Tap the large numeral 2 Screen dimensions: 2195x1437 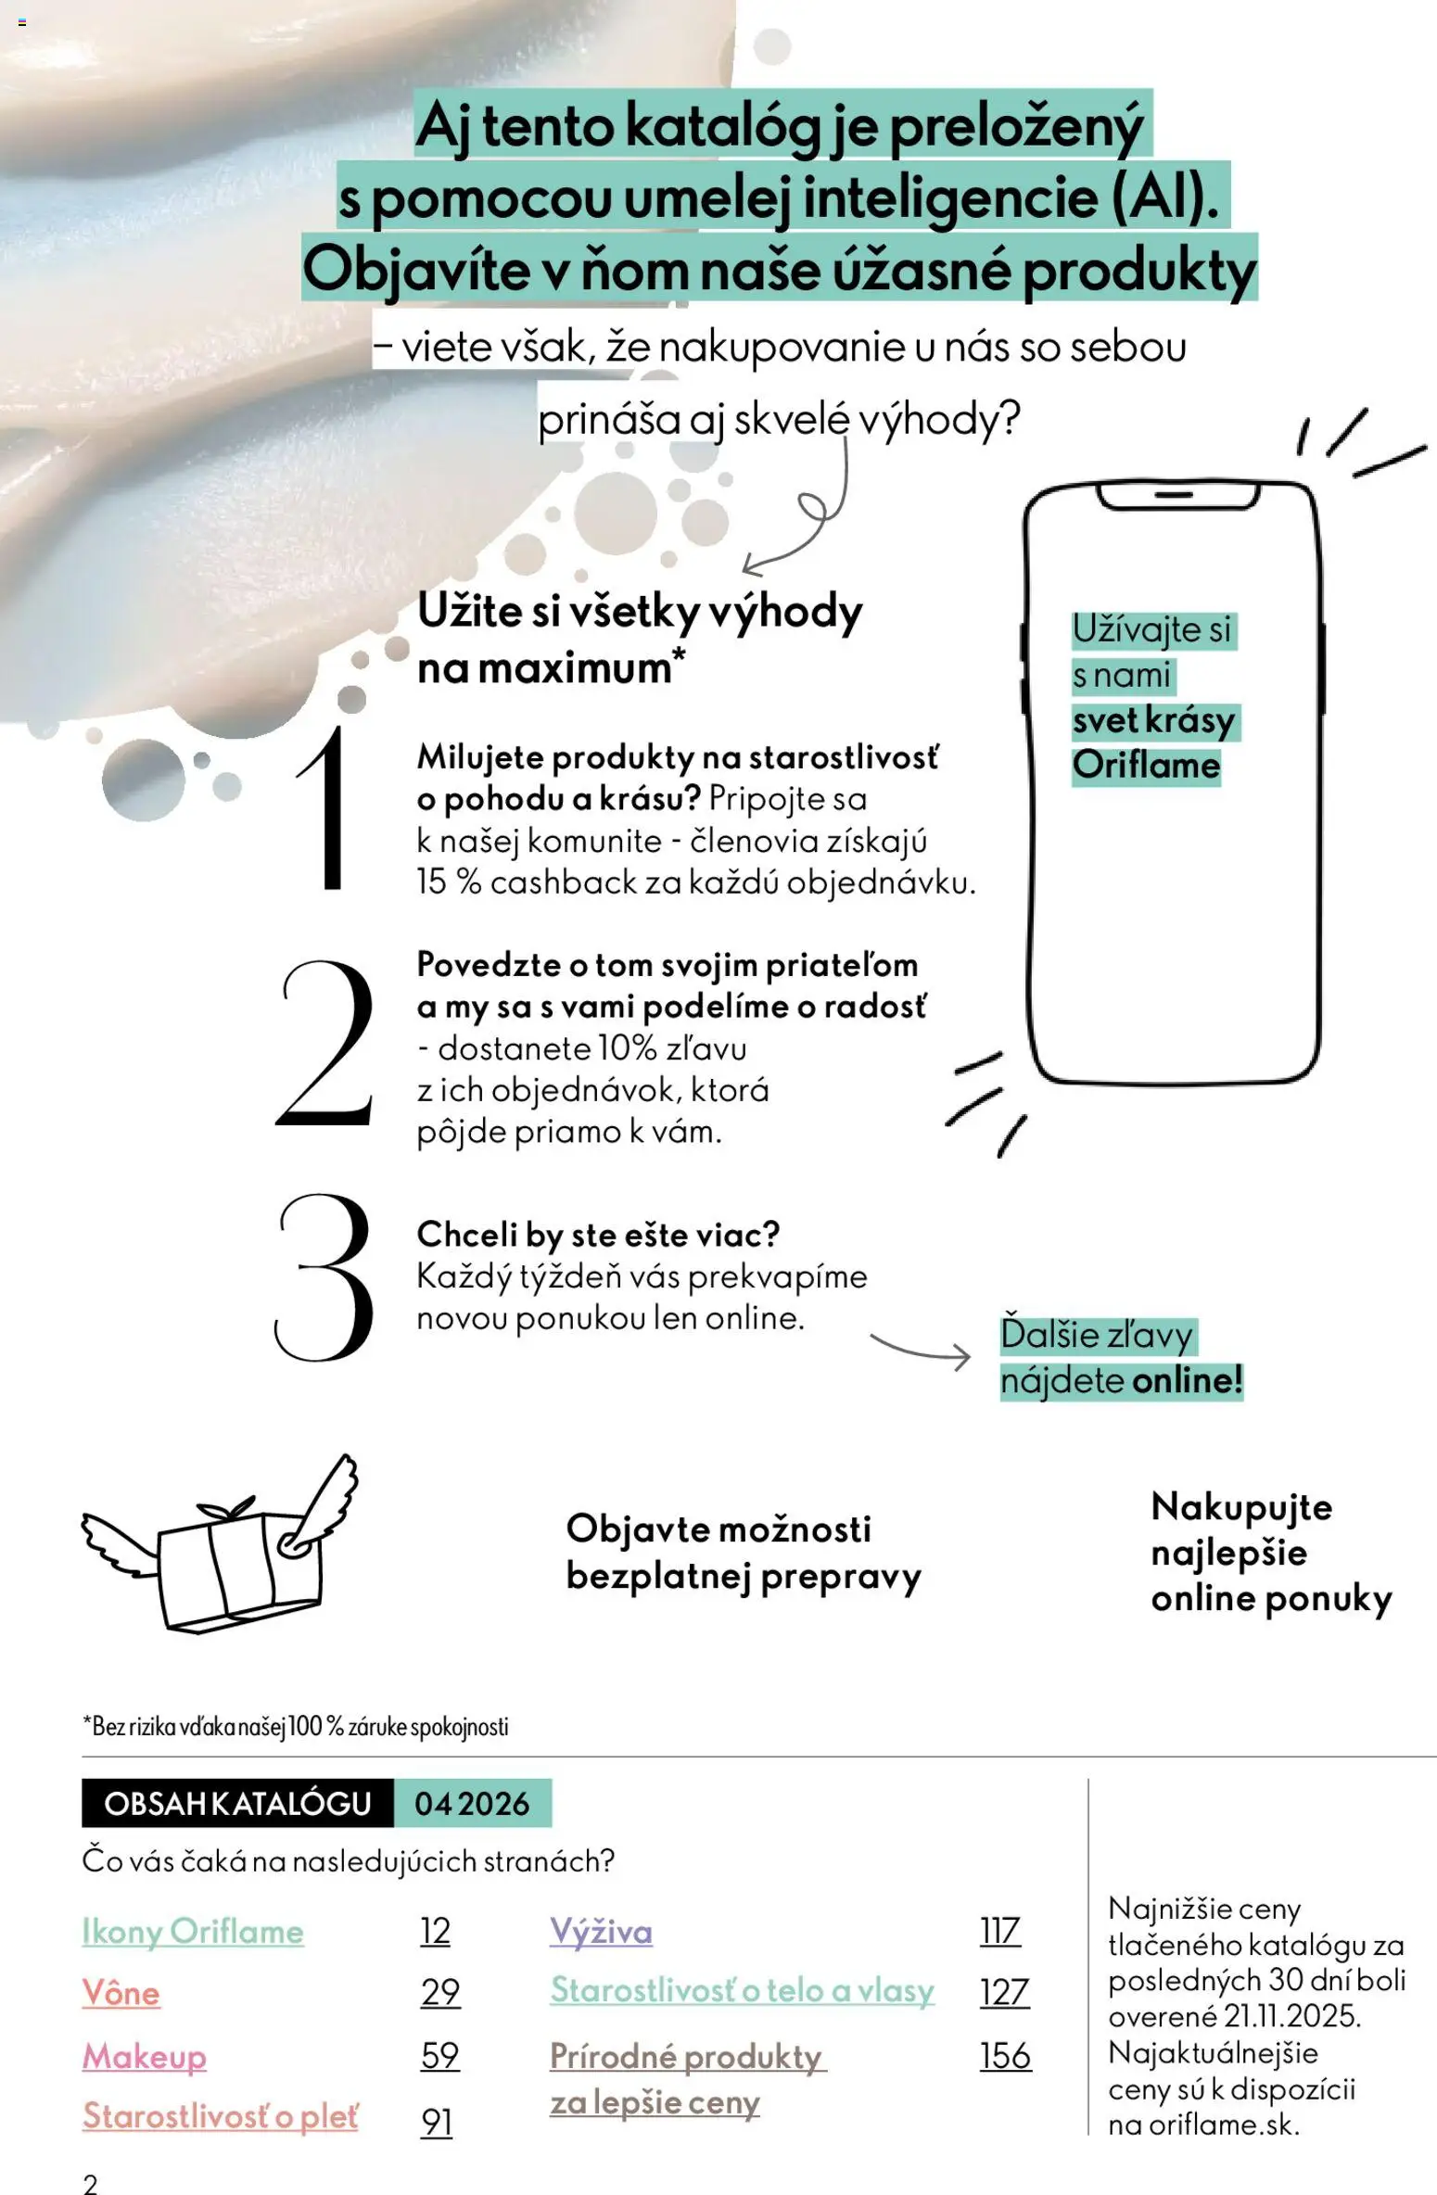[x=325, y=1044]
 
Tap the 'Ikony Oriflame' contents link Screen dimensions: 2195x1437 [x=193, y=1932]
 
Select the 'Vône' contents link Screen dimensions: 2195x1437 [x=121, y=1993]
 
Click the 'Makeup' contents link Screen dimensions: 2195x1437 [x=144, y=2056]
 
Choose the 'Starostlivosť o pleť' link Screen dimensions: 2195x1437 [x=220, y=2116]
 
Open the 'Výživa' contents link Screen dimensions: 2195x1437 [x=601, y=1932]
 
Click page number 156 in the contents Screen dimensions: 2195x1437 [x=1005, y=2056]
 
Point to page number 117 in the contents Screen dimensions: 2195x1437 [x=999, y=1932]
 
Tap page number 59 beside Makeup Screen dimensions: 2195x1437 [x=439, y=2056]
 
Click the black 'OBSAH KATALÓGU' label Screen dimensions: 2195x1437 [x=237, y=1804]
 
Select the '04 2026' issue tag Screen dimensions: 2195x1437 [x=472, y=1804]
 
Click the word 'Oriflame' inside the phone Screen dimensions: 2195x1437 [x=1146, y=766]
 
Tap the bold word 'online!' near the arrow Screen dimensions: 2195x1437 [x=1187, y=1380]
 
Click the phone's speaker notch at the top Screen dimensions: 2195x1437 [x=1174, y=496]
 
